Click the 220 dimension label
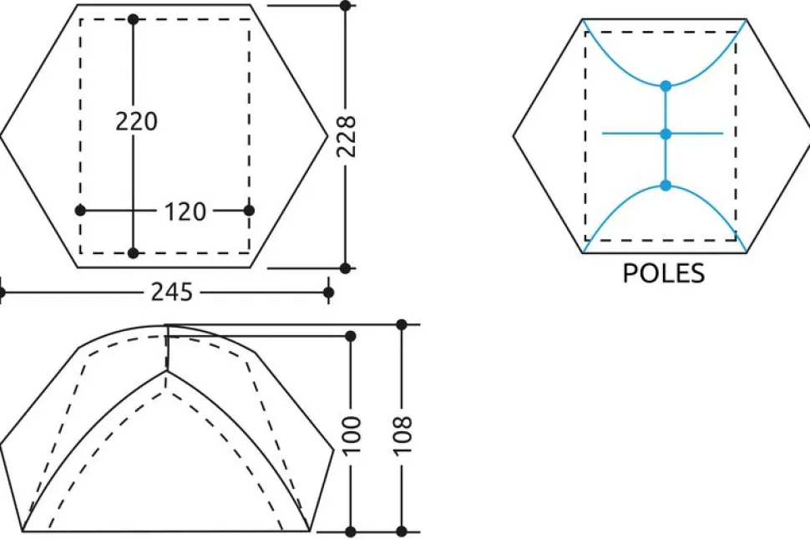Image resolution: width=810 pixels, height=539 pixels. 136,121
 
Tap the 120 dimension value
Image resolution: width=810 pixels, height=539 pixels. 185,211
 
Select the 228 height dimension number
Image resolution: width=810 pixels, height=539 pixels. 346,136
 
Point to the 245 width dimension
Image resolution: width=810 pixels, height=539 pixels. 171,292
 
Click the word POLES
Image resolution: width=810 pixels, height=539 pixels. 664,273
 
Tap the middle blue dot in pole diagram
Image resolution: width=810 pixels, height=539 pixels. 666,135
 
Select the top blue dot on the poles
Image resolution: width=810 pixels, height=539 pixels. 666,86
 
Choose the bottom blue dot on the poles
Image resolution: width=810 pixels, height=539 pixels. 666,185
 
